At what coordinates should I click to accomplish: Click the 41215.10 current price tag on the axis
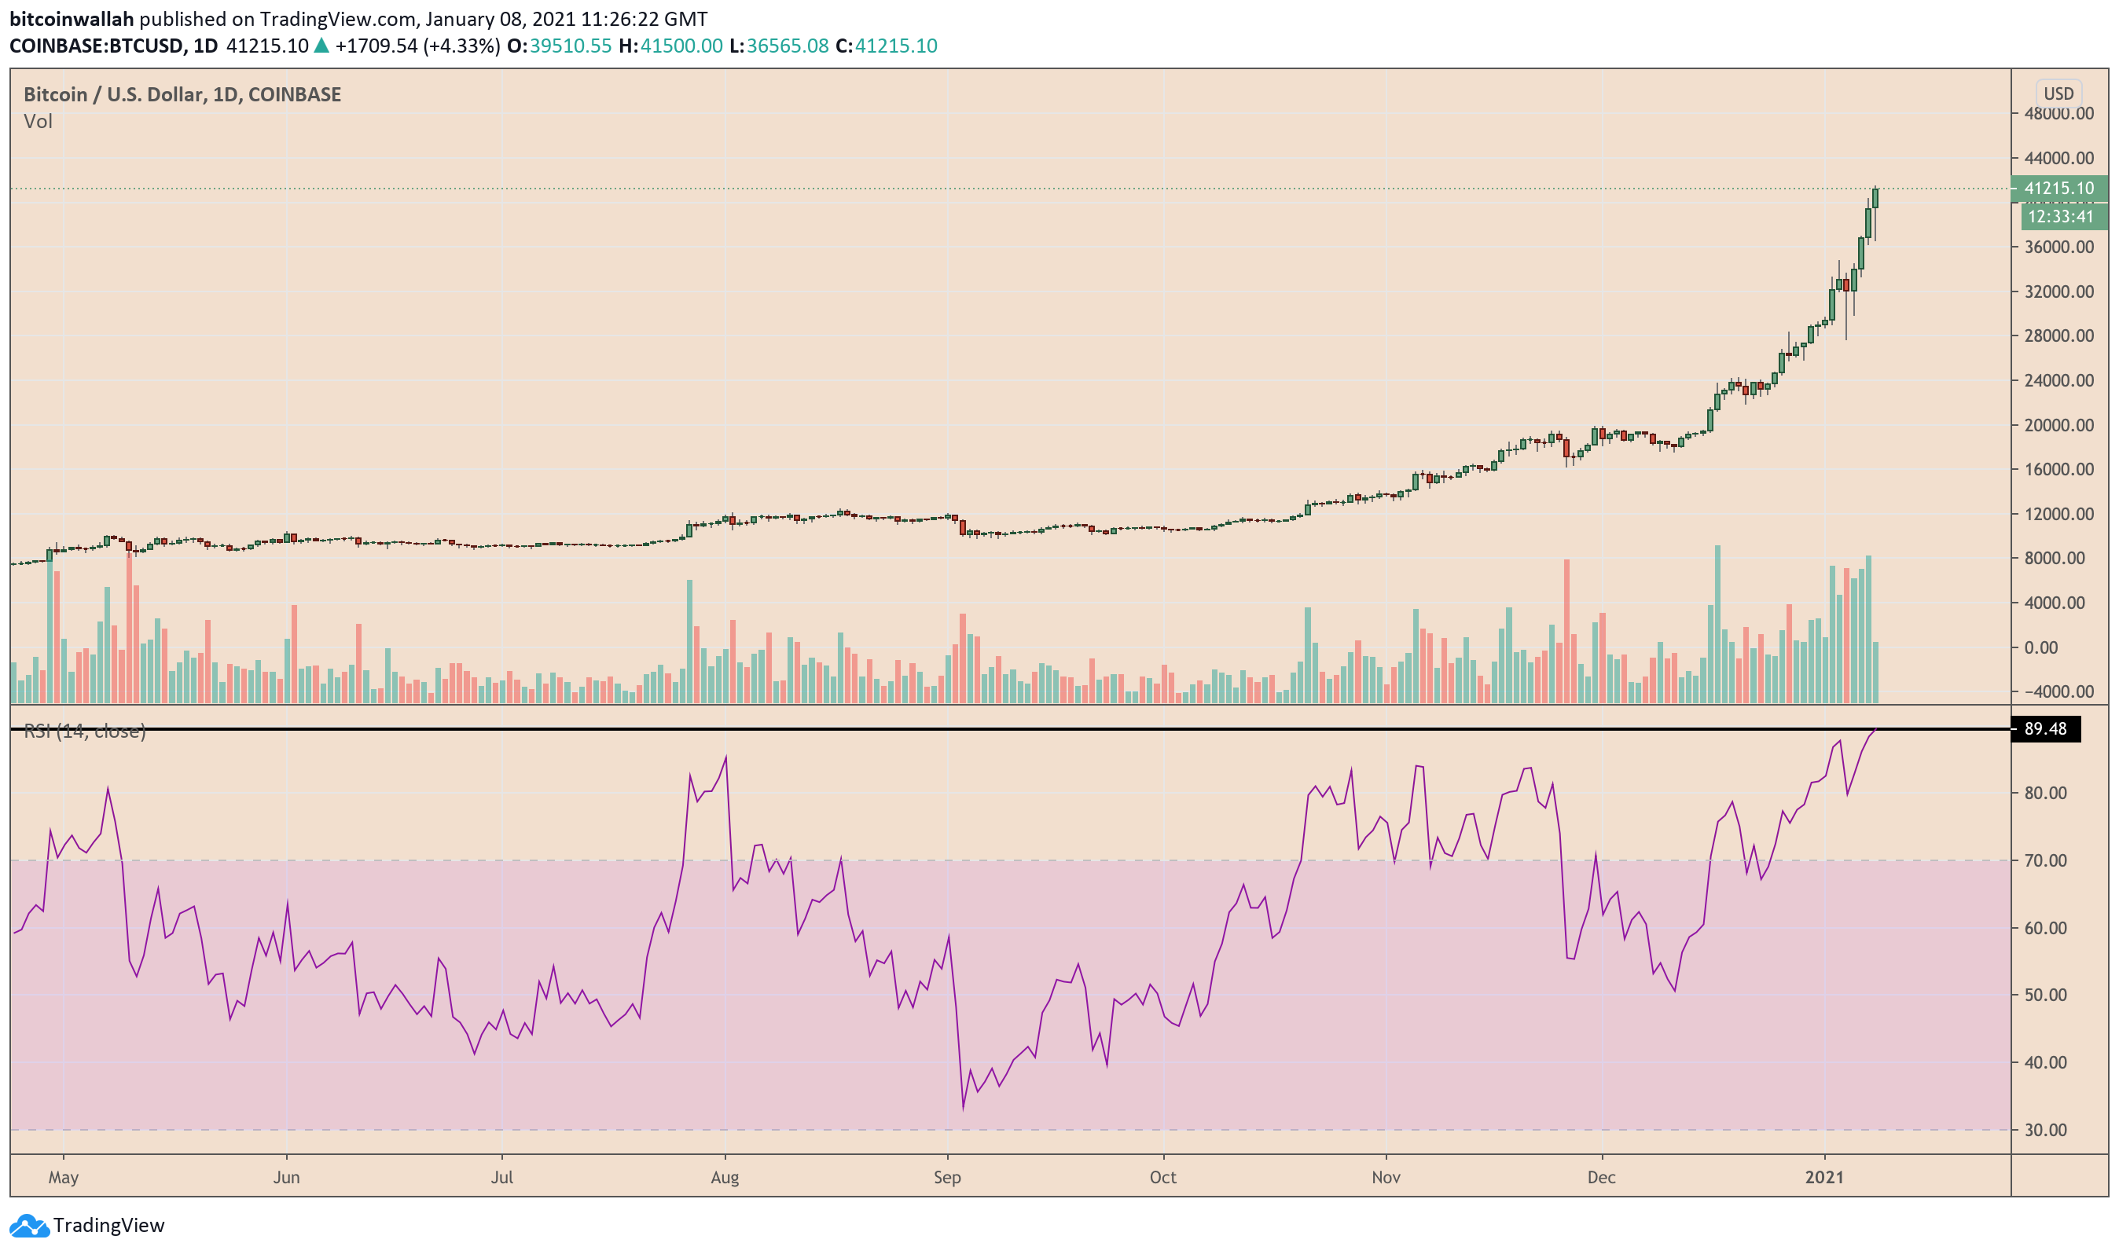tap(2058, 189)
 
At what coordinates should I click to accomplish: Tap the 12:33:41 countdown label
tap(2060, 217)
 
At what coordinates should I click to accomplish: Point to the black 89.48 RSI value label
tap(2044, 729)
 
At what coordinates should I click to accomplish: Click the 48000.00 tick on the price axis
tap(2058, 114)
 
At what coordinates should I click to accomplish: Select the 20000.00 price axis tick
tap(2058, 426)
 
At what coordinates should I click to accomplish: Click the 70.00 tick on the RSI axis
tap(2045, 861)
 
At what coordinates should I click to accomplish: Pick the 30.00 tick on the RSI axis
tap(2045, 1131)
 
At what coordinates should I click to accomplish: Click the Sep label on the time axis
tap(948, 1178)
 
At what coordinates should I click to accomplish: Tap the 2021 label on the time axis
tap(1824, 1178)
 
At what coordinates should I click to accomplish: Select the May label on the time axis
tap(64, 1178)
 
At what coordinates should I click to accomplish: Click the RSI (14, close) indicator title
tap(85, 731)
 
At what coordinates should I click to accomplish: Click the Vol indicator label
tap(38, 122)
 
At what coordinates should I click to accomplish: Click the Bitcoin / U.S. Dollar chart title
tap(182, 94)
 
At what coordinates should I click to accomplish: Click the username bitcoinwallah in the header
tap(72, 19)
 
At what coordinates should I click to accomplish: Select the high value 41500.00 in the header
tap(681, 46)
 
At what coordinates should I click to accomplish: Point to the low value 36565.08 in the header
tap(787, 46)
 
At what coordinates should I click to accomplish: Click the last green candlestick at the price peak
tap(1875, 200)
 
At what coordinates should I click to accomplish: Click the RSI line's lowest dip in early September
tap(963, 1108)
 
